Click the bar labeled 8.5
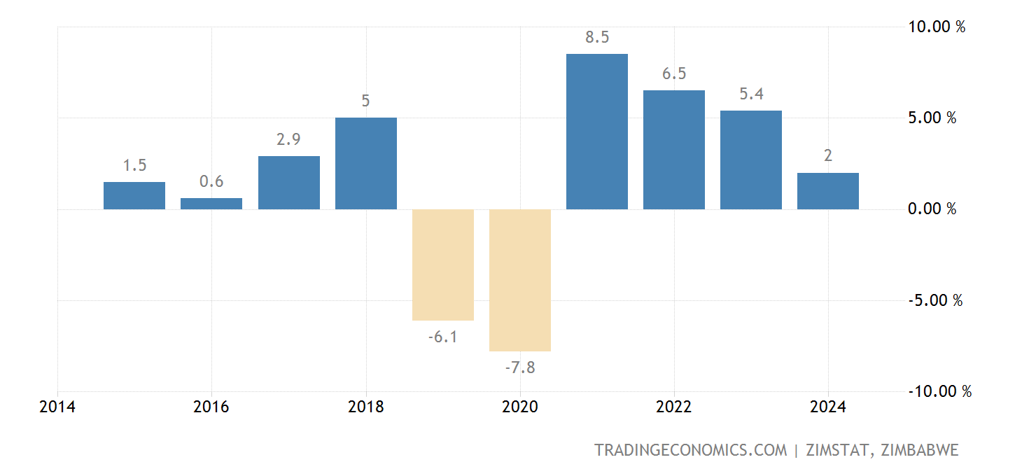coord(596,132)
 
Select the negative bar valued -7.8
coord(519,280)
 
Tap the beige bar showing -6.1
coord(442,265)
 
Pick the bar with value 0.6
coord(211,204)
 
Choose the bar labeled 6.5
coord(673,150)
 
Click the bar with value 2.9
coord(288,183)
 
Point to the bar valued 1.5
coord(134,195)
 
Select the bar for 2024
coord(827,191)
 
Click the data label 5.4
coord(751,94)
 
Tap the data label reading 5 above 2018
coord(365,101)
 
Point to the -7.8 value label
coord(519,367)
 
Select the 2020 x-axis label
coord(519,407)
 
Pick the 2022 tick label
coord(673,407)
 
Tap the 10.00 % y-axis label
coord(937,27)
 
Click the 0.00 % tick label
coord(932,209)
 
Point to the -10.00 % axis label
coord(939,391)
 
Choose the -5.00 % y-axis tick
coord(935,300)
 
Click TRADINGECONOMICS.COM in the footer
coord(690,450)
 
